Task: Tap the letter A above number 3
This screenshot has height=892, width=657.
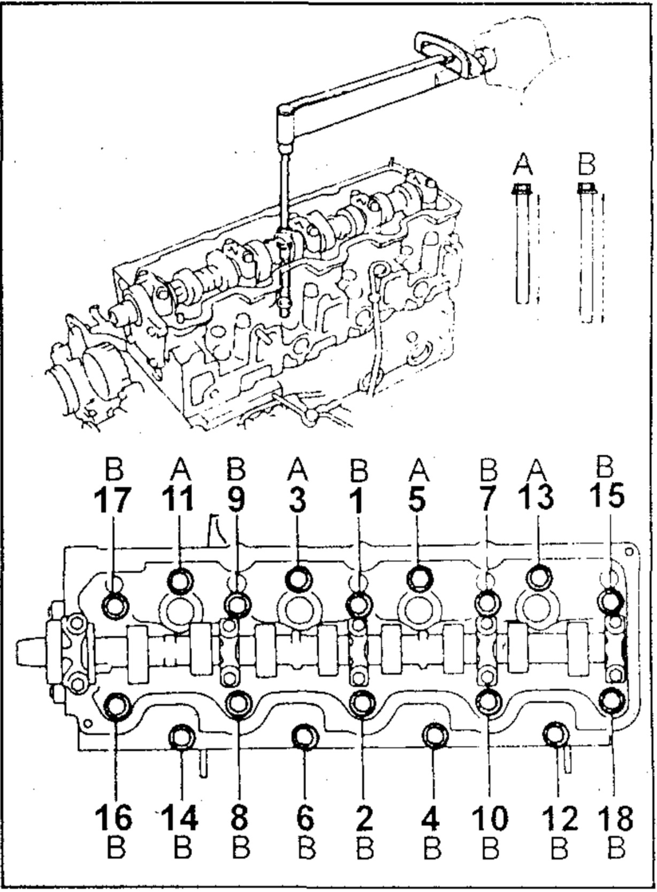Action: [x=297, y=470]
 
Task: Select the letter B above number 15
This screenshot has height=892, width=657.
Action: [x=605, y=466]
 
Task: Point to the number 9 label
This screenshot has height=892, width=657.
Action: [x=236, y=498]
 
